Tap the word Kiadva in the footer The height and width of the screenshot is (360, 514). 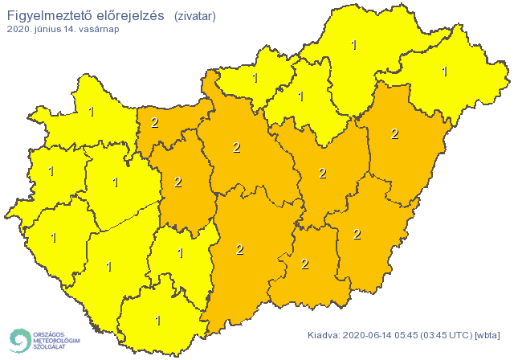[324, 335]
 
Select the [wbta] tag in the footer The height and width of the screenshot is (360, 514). [487, 335]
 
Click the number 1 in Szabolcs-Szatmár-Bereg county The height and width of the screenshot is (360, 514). [444, 72]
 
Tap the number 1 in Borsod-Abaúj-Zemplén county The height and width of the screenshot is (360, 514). [354, 45]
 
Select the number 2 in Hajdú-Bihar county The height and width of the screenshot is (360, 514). [394, 133]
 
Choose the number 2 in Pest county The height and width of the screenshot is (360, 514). [236, 147]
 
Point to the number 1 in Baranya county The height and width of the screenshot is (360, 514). [157, 320]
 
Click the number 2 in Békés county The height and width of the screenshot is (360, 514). [357, 234]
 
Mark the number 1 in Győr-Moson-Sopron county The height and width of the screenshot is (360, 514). [91, 112]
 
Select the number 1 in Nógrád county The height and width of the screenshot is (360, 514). [255, 78]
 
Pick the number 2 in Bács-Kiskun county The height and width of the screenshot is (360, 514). [239, 249]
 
